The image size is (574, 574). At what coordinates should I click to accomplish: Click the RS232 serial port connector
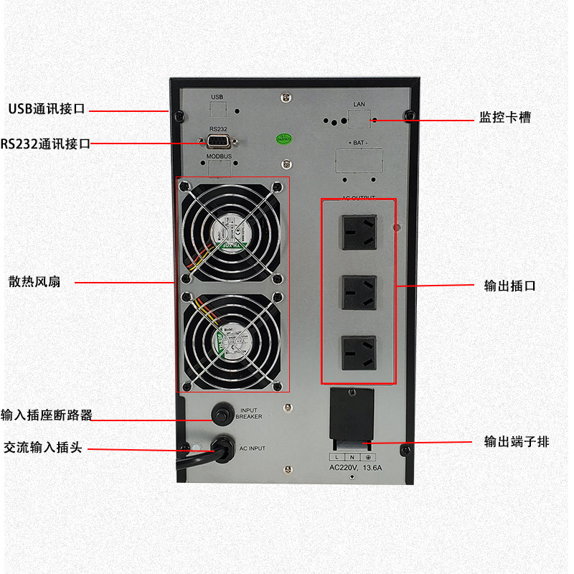(x=218, y=141)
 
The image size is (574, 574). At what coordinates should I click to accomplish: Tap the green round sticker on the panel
(x=285, y=137)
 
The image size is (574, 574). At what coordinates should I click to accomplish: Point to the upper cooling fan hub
(x=231, y=231)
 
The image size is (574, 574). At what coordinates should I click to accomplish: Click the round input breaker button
(x=222, y=413)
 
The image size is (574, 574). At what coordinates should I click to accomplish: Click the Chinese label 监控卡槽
(x=505, y=118)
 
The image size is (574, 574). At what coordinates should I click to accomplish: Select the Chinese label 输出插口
(x=510, y=286)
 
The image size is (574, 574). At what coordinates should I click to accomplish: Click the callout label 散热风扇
(x=34, y=282)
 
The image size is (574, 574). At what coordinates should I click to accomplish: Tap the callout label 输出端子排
(x=517, y=442)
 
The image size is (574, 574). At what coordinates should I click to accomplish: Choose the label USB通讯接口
(x=47, y=110)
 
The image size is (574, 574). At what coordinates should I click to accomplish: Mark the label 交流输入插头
(x=43, y=447)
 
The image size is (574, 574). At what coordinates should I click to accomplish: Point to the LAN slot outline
(x=359, y=117)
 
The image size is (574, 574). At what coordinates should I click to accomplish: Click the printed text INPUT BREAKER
(x=249, y=413)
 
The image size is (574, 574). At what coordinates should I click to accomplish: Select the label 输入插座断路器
(x=47, y=415)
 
